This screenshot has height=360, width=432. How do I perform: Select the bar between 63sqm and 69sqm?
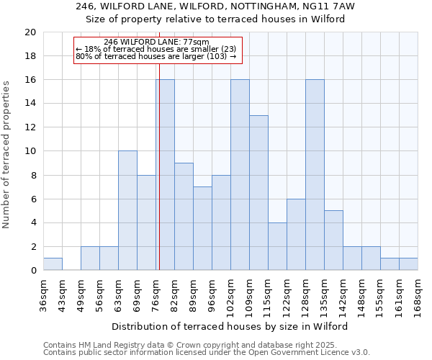point(127,210)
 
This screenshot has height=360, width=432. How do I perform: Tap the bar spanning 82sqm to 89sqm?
point(184,217)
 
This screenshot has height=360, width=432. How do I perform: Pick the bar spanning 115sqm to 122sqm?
point(277,246)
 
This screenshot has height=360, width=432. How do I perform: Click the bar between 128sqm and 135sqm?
point(315,175)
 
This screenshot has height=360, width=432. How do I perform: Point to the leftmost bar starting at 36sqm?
point(53,264)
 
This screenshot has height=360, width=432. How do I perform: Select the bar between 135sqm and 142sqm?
point(333,240)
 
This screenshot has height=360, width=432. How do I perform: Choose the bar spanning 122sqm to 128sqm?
point(296,235)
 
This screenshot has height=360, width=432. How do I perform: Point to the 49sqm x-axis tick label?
point(81,292)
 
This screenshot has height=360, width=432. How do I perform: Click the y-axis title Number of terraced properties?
point(6,154)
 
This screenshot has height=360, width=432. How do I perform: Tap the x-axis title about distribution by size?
point(230,326)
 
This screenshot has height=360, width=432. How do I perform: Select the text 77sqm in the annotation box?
point(196,42)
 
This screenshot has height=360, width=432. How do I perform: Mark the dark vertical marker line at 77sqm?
point(158,166)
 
